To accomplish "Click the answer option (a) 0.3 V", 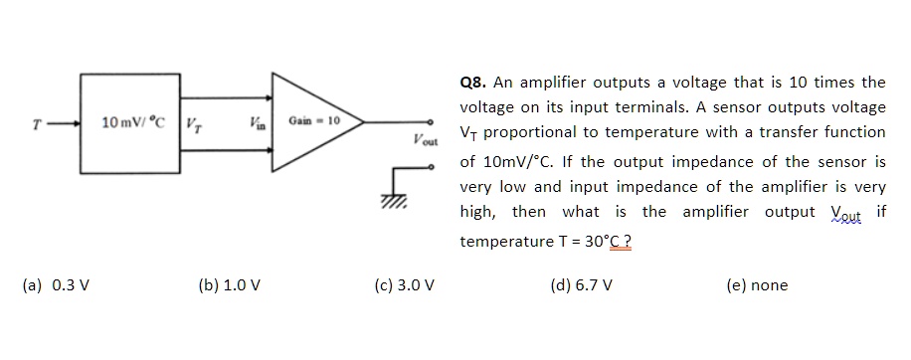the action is (x=56, y=285).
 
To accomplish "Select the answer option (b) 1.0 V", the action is (x=230, y=285).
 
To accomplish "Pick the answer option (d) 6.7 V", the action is (x=581, y=285).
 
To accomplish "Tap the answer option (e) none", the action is (x=757, y=285).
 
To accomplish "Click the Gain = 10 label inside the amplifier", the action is (x=315, y=120).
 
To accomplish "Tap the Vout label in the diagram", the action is (x=423, y=139).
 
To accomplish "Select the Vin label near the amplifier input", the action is (x=258, y=122).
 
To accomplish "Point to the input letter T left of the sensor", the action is (x=36, y=124).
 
